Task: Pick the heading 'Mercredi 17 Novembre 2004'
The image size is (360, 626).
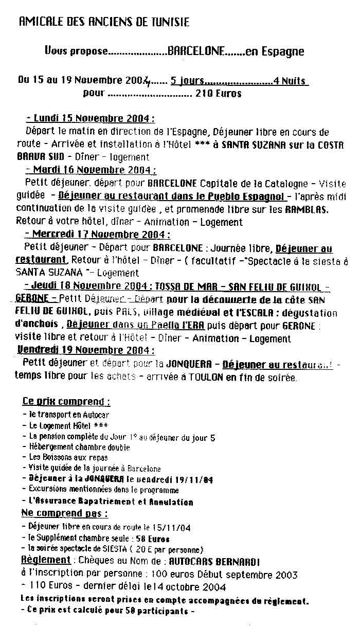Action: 98,235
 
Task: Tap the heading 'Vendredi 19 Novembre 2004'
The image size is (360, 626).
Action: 86,350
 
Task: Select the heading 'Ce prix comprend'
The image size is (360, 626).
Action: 66,401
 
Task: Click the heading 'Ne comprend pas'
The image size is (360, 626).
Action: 65,513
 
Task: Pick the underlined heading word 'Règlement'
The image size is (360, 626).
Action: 46,560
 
